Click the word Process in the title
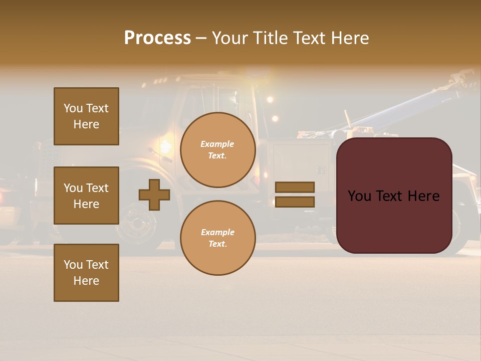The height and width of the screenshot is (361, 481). tap(157, 38)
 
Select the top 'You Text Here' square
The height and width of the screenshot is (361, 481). tap(86, 116)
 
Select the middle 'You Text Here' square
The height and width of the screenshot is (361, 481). tap(86, 196)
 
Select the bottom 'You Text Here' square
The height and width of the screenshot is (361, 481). tap(86, 272)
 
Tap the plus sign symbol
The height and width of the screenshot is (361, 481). tap(154, 195)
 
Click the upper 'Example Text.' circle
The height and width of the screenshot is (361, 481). tap(218, 150)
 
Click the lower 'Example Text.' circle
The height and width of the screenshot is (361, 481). tap(218, 238)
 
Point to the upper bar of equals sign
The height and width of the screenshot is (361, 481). tap(295, 187)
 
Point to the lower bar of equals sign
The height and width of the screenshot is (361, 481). tap(295, 202)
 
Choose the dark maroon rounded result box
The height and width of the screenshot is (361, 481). tap(394, 196)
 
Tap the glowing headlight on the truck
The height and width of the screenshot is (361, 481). tap(164, 146)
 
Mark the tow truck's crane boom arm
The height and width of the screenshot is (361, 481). tap(401, 108)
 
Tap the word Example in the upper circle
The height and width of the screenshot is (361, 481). tap(217, 144)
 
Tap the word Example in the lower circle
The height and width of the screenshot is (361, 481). tap(217, 232)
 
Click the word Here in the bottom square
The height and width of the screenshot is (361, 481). tap(86, 281)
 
